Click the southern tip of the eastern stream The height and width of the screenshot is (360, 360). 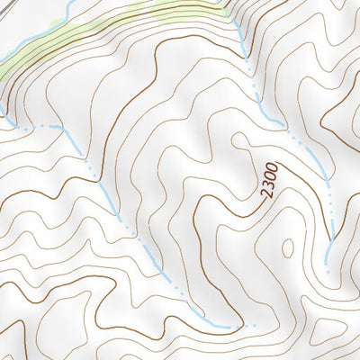pyautogui.click(x=329, y=241)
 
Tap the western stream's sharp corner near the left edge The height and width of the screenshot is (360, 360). pyautogui.click(x=63, y=128)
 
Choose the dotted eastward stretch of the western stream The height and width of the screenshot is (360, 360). pyautogui.click(x=36, y=128)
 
